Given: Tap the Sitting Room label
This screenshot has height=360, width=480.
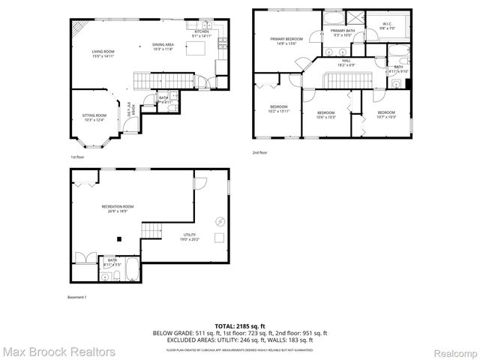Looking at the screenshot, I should (x=94, y=118).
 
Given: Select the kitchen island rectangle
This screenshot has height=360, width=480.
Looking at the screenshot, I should (x=197, y=49).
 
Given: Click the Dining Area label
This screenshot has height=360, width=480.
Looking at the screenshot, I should (x=163, y=46).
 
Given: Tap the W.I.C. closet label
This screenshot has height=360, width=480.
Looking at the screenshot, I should (x=387, y=25).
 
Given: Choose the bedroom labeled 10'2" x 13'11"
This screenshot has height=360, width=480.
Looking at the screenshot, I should (x=279, y=109).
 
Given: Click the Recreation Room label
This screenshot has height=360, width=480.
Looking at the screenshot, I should (x=118, y=208).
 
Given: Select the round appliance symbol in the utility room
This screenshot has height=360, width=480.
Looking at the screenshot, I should (x=220, y=220).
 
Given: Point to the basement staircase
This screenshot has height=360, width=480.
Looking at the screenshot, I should (x=153, y=232).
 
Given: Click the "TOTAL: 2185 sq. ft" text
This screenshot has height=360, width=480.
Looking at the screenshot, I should (x=240, y=326).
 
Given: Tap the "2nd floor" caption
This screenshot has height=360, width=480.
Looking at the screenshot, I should (x=259, y=153).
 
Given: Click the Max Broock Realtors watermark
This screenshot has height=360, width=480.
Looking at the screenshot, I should (x=58, y=351).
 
